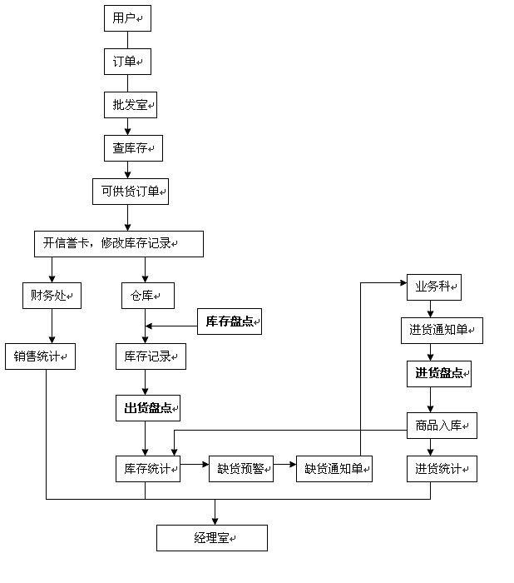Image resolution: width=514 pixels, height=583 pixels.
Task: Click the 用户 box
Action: pos(127,17)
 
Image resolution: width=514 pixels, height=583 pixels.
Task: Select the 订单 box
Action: pos(127,62)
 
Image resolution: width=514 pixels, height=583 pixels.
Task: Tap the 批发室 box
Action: pos(130,105)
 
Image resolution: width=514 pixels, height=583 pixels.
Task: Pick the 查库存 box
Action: pos(132,148)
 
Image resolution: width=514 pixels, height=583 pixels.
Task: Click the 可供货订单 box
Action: pos(130,192)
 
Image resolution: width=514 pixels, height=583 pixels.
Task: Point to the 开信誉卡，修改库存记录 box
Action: pos(118,243)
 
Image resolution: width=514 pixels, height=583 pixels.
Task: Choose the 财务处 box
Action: pos(52,295)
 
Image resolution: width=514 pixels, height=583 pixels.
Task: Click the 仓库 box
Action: pos(147,295)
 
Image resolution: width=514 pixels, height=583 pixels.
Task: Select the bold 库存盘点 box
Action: pos(229,321)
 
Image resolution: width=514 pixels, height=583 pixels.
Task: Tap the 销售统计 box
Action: pos(40,356)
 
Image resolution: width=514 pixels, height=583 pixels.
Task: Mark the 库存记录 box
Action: pos(150,356)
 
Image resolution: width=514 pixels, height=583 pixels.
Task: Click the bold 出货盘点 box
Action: pos(147,408)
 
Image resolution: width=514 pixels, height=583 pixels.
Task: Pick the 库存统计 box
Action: pos(147,468)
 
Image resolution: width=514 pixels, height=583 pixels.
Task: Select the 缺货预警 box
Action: pos(240,468)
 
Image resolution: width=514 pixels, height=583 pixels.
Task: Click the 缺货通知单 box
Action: pos(334,468)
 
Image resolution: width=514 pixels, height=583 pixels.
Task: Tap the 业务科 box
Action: pos(433,287)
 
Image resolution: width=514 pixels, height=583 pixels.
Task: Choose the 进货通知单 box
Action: pos(441,331)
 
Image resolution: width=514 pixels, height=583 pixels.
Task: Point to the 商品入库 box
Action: pos(441,426)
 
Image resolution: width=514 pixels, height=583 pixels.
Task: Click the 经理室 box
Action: pos(211,538)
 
